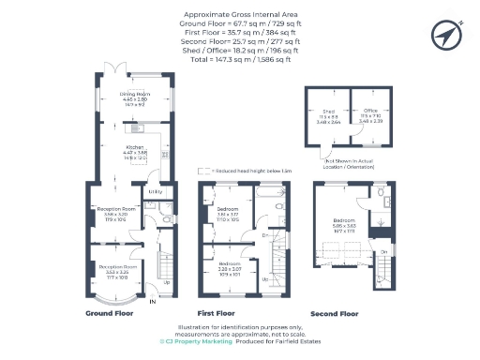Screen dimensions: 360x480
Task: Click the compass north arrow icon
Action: pos(444,35)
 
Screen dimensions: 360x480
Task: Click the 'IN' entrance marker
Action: pos(153,301)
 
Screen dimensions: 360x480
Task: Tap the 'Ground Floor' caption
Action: pos(110,313)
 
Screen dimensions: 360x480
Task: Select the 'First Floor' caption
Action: pos(216,313)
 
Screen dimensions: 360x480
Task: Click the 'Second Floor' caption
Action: pos(336,313)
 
